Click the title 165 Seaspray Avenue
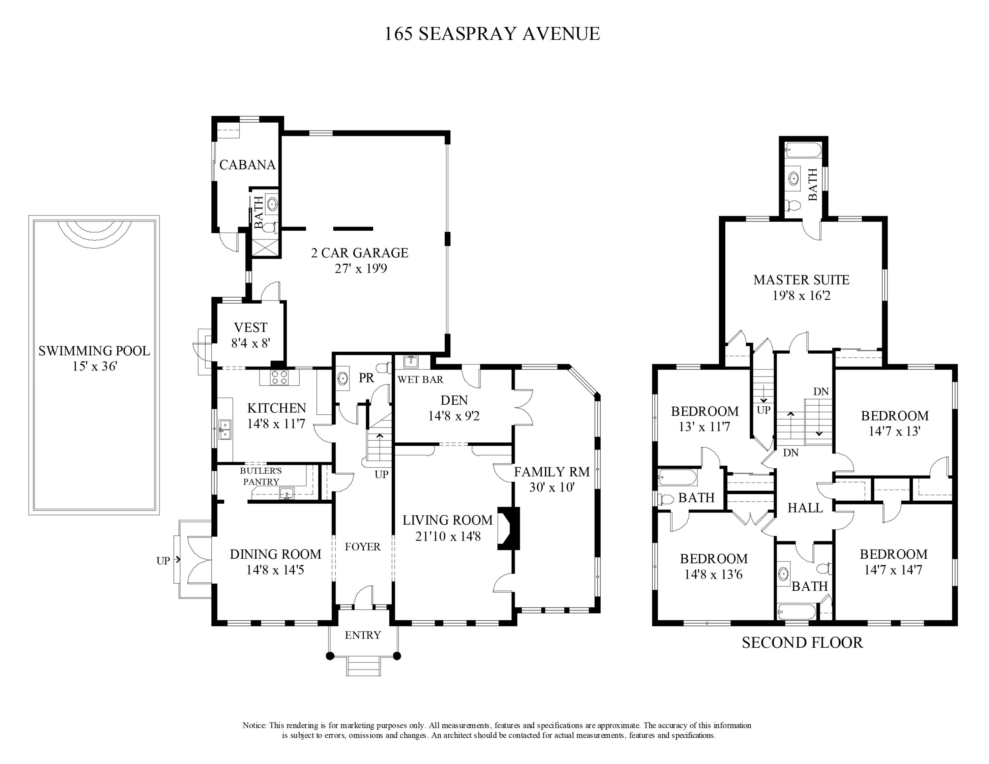(x=492, y=34)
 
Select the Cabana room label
(x=247, y=165)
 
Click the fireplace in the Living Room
(x=509, y=528)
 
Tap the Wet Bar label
(x=420, y=380)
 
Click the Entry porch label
(x=363, y=635)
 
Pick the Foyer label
(x=362, y=547)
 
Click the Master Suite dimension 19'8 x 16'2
(x=801, y=296)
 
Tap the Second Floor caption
(x=802, y=643)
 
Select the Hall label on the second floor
(x=805, y=508)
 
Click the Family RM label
(x=552, y=472)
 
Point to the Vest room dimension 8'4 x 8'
(x=251, y=343)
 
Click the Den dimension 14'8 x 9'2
(x=454, y=416)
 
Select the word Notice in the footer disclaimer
(x=255, y=725)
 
